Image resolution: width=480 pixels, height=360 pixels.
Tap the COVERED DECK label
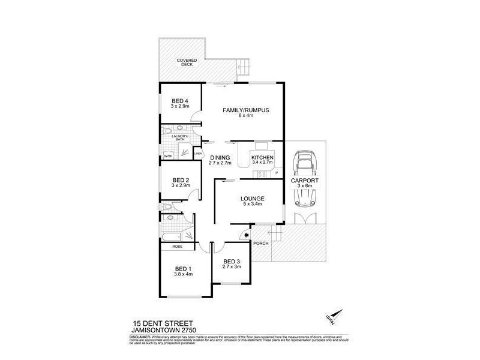187,64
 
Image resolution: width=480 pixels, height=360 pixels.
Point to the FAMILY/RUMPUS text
245,110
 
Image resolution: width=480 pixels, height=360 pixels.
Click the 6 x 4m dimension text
245,117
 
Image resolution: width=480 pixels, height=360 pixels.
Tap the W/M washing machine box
167,157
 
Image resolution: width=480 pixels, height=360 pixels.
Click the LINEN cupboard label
197,154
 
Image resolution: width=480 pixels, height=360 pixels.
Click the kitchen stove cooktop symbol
262,175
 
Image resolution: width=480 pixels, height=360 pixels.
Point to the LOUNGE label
248,199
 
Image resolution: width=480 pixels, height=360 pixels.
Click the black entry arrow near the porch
244,235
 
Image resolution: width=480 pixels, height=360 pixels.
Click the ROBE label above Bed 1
177,247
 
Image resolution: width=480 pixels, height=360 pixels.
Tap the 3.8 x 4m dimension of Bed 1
183,275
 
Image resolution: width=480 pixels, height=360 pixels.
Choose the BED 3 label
232,261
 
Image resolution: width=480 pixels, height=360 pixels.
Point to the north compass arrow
338,316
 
